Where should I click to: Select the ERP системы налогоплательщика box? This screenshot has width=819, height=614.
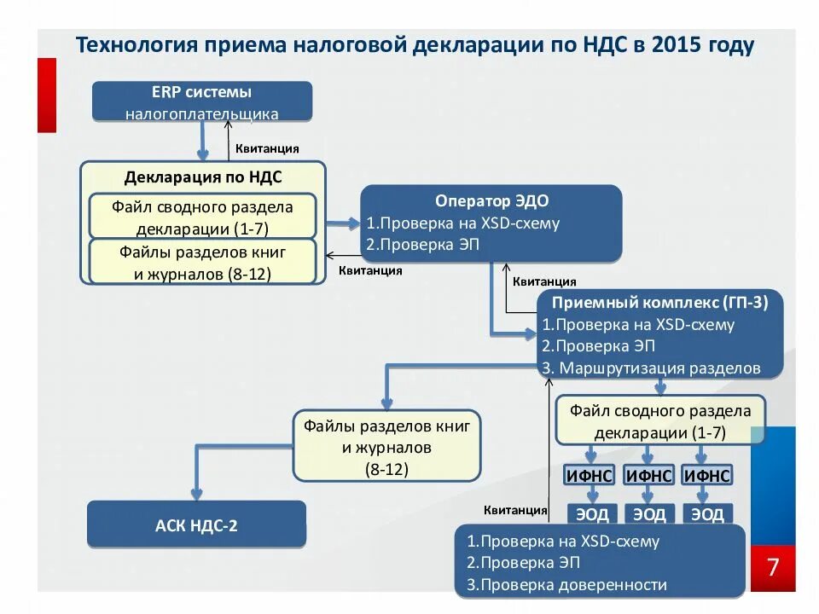[x=202, y=101]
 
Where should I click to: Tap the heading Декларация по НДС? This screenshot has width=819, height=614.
[x=203, y=177]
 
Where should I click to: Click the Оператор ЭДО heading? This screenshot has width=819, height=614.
[x=491, y=201]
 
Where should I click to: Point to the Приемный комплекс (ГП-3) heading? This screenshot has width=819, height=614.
[x=660, y=303]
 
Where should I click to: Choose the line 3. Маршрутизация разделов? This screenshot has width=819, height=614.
[x=651, y=368]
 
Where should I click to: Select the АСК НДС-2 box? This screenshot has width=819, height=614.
[x=196, y=524]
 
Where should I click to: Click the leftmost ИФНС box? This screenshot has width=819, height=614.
[x=589, y=476]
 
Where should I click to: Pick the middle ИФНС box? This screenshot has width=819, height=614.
[x=648, y=476]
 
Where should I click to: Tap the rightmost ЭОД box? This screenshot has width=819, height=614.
[x=707, y=514]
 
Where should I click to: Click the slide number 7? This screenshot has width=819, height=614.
[x=773, y=568]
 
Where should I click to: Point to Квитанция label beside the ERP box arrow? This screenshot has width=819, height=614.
[x=267, y=148]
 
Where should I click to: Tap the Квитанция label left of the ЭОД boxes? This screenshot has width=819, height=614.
[x=515, y=510]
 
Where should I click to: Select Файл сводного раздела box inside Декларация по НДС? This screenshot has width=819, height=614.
[x=202, y=217]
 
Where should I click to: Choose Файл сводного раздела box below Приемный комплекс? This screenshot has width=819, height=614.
[x=660, y=420]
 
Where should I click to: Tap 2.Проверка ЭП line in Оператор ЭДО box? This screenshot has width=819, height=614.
[x=424, y=245]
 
